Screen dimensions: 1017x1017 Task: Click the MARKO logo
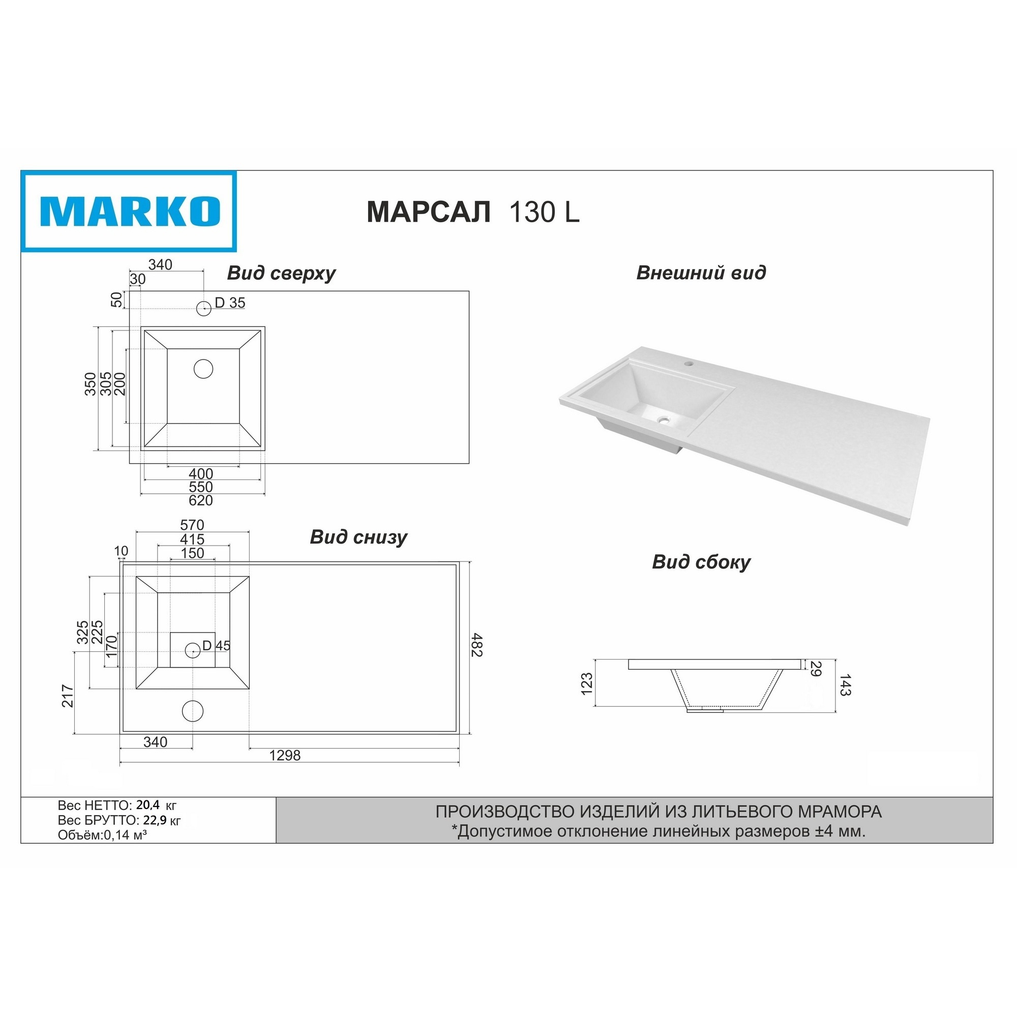click(129, 211)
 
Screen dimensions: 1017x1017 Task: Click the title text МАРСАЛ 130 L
click(473, 212)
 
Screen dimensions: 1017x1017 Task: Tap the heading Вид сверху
click(281, 274)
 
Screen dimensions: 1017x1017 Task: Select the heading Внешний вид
click(701, 273)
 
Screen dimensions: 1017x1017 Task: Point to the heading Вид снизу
click(358, 537)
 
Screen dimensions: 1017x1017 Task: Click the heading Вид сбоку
click(701, 562)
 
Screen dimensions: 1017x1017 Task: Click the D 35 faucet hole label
click(230, 303)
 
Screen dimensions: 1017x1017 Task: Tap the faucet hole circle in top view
click(204, 309)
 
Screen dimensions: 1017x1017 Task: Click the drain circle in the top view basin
click(203, 369)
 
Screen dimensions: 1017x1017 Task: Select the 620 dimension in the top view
click(200, 500)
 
